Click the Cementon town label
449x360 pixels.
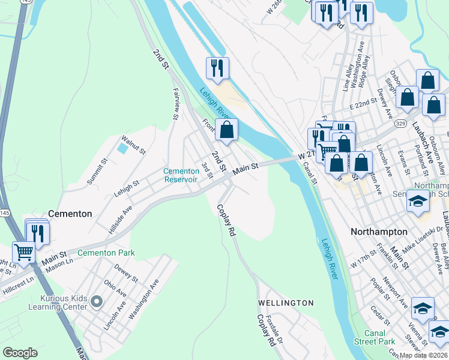click(70, 214)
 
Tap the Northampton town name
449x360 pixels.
click(379, 232)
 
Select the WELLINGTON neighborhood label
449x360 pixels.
click(286, 303)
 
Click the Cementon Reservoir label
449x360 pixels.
click(181, 175)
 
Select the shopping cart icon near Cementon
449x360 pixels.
click(23, 253)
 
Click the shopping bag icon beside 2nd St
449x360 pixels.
click(226, 130)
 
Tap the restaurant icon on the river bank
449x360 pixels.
click(217, 67)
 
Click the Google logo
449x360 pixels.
click(20, 353)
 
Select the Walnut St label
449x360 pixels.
click(133, 145)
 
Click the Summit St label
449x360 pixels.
click(96, 172)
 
